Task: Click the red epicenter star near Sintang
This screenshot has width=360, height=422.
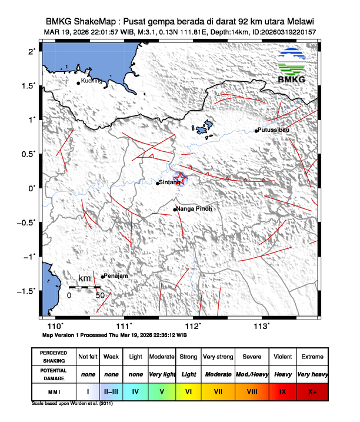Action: point(181,179)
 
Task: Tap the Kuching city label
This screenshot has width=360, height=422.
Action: point(92,81)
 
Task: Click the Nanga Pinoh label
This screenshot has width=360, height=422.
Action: point(194,209)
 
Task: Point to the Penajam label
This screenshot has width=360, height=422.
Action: point(116,276)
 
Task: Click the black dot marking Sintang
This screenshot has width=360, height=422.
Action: point(158,183)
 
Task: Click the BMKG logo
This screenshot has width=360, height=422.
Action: point(295,66)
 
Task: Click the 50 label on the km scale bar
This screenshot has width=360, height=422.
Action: point(100,295)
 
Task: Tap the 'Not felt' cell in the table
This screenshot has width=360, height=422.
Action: point(88,357)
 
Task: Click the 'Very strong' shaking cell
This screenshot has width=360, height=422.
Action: point(218,357)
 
